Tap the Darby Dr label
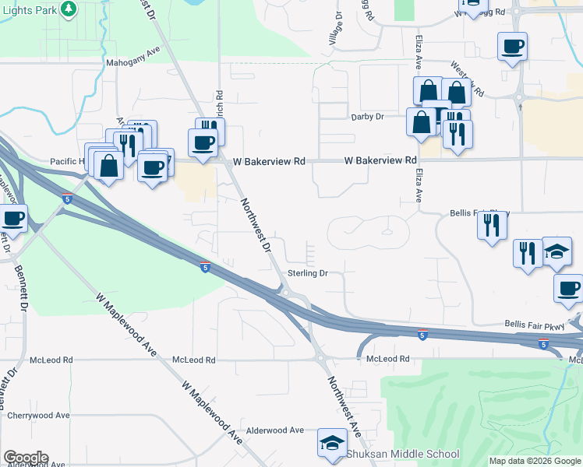pos(369,117)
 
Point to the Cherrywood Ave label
pos(41,416)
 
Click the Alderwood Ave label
pos(274,430)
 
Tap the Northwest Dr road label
pos(255,226)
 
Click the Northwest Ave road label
pos(343,405)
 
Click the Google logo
pos(26,458)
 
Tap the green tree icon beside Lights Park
pos(69,9)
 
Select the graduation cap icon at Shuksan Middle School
pos(332,444)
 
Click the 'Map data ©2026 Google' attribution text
pos(535,461)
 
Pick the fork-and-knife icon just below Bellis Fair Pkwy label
pos(492,225)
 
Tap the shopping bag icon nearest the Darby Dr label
pos(421,122)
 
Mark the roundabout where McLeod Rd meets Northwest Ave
pos(320,358)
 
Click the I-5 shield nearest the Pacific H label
pos(68,200)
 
